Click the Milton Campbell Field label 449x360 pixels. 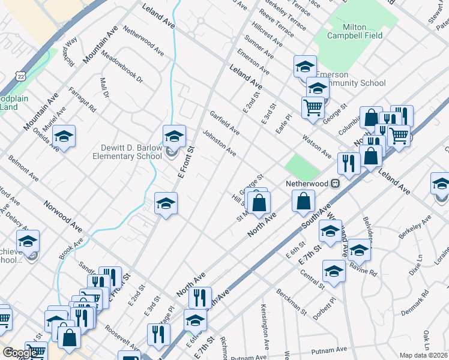[354, 31]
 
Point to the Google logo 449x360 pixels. [20, 353]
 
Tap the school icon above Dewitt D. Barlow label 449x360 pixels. [174, 137]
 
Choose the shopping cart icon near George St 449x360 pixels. [313, 108]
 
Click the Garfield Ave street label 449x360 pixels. [225, 123]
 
